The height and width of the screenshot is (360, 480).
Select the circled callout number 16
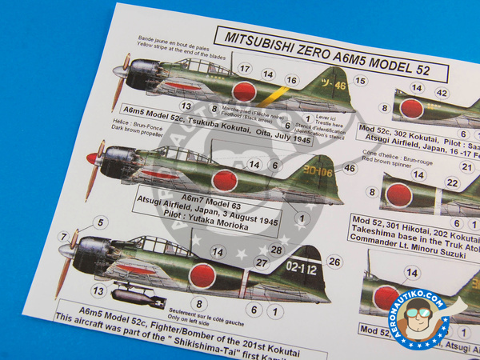point(292,80)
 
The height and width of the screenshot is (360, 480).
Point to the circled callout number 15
point(361,81)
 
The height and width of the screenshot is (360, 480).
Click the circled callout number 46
point(350,168)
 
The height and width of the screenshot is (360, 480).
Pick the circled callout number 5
point(100,222)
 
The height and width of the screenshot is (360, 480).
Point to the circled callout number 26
point(335,262)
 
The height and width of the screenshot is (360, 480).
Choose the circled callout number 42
point(440,93)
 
